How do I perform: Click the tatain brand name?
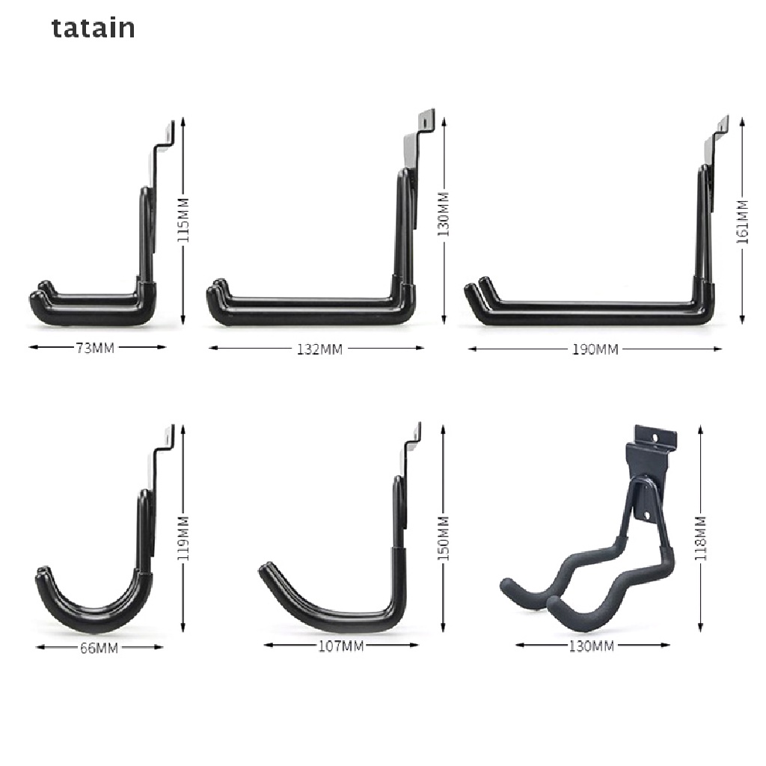pyautogui.click(x=94, y=28)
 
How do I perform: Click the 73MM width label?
pyautogui.click(x=95, y=348)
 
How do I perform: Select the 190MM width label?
pyautogui.click(x=595, y=349)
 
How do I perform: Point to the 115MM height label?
pyautogui.click(x=183, y=220)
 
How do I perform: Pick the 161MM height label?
pyautogui.click(x=742, y=221)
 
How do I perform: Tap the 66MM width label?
pyautogui.click(x=99, y=649)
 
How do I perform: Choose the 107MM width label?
pyautogui.click(x=341, y=646)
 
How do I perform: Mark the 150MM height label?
pyautogui.click(x=444, y=537)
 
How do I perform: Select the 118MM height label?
pyautogui.click(x=700, y=537)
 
